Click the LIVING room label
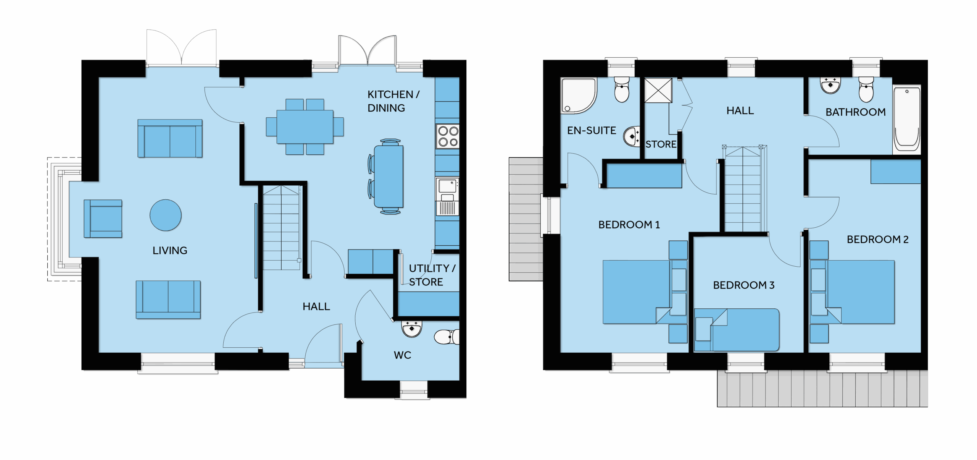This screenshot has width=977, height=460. coord(170,251)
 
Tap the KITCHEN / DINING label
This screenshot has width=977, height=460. coord(393,101)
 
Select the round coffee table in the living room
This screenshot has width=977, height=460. coord(166,215)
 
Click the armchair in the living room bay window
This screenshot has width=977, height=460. coord(103,219)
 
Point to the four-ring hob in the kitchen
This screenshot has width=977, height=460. coord(448,136)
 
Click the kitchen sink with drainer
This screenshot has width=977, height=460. coord(447,196)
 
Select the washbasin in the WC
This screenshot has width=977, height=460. coord(411,329)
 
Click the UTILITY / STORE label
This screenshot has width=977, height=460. coord(432,275)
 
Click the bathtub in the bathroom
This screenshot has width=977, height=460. coord(907,118)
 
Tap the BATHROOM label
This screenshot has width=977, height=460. coord(856,112)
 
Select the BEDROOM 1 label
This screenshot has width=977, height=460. coord(629,225)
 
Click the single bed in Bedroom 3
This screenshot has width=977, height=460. coord(737,330)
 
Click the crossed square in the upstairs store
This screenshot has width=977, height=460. coord(658,91)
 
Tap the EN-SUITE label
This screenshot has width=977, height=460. coord(592,131)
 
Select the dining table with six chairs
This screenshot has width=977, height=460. coord(305,127)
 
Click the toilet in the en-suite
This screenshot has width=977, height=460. coord(622,89)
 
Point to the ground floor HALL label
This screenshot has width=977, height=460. coord(316,306)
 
